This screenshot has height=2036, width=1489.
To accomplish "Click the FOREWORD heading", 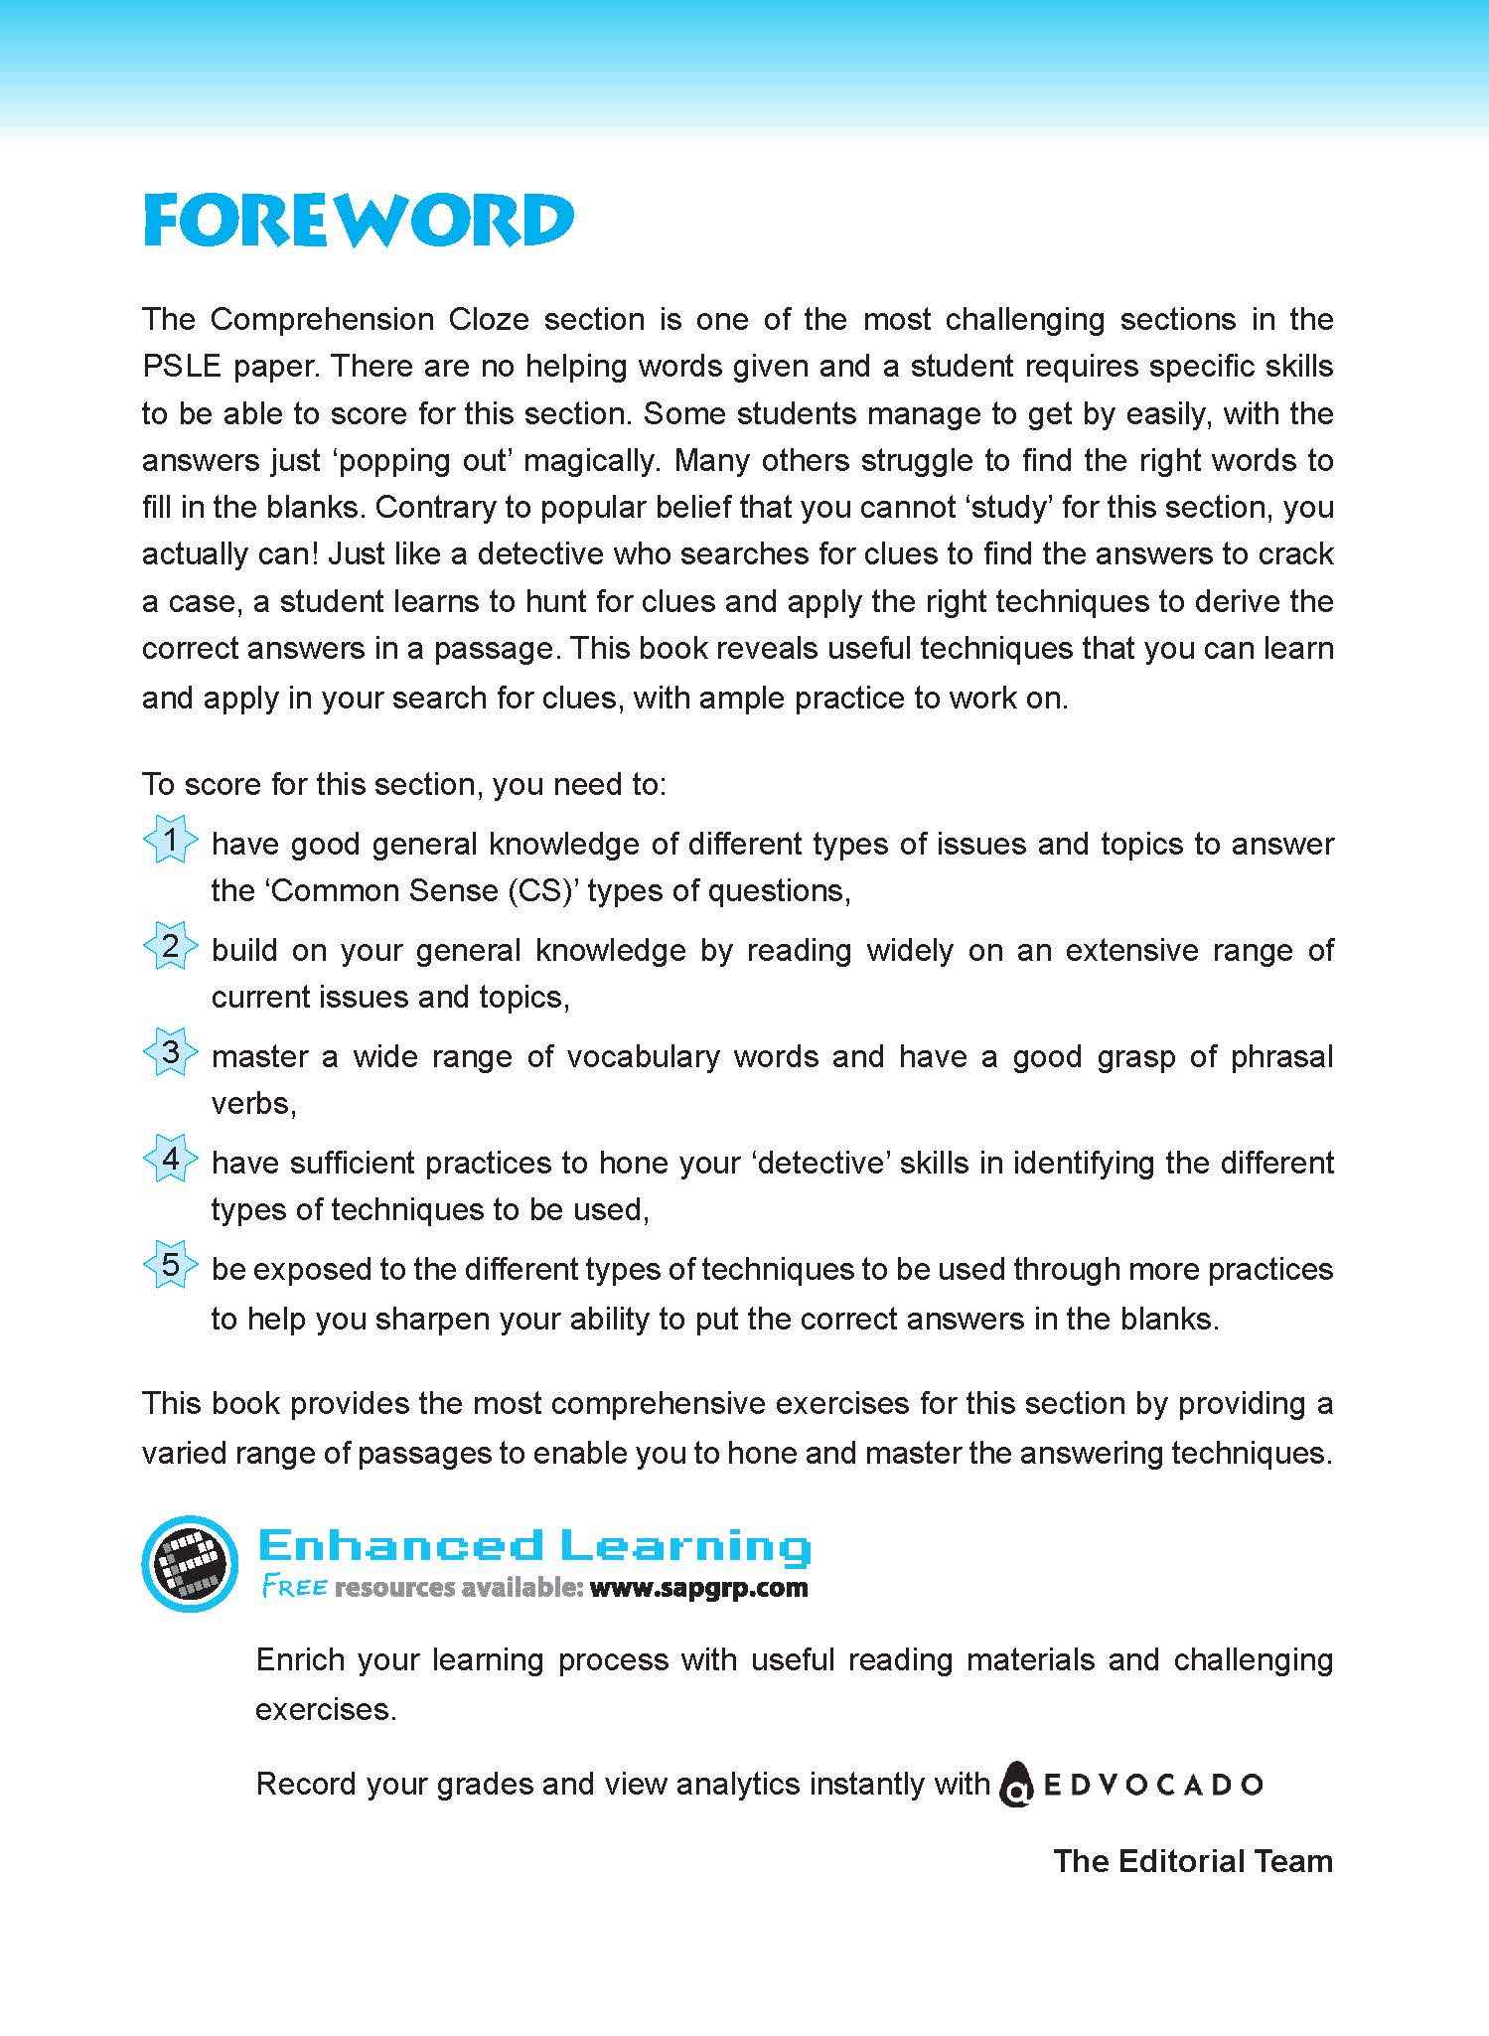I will [358, 221].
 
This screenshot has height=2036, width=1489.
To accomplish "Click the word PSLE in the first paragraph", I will [179, 366].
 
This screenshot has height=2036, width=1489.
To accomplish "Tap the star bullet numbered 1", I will [170, 841].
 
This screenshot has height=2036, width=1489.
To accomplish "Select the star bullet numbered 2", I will [170, 947].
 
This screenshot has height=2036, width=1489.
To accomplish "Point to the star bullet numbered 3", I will [170, 1053].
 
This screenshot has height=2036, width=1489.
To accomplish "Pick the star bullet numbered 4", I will [170, 1160].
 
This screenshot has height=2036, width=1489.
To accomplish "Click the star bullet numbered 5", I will [170, 1266].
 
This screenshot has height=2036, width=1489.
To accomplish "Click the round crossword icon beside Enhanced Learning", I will [190, 1564].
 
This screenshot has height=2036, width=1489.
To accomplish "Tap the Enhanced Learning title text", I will [533, 1546].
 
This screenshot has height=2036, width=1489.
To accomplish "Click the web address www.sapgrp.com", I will [698, 1588].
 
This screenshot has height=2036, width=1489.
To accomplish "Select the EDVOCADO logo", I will [1130, 1784].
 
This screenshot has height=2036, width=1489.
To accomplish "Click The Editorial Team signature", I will [1192, 1860].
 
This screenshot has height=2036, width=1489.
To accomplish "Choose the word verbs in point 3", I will [252, 1103].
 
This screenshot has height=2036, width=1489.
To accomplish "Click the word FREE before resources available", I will [294, 1588].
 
